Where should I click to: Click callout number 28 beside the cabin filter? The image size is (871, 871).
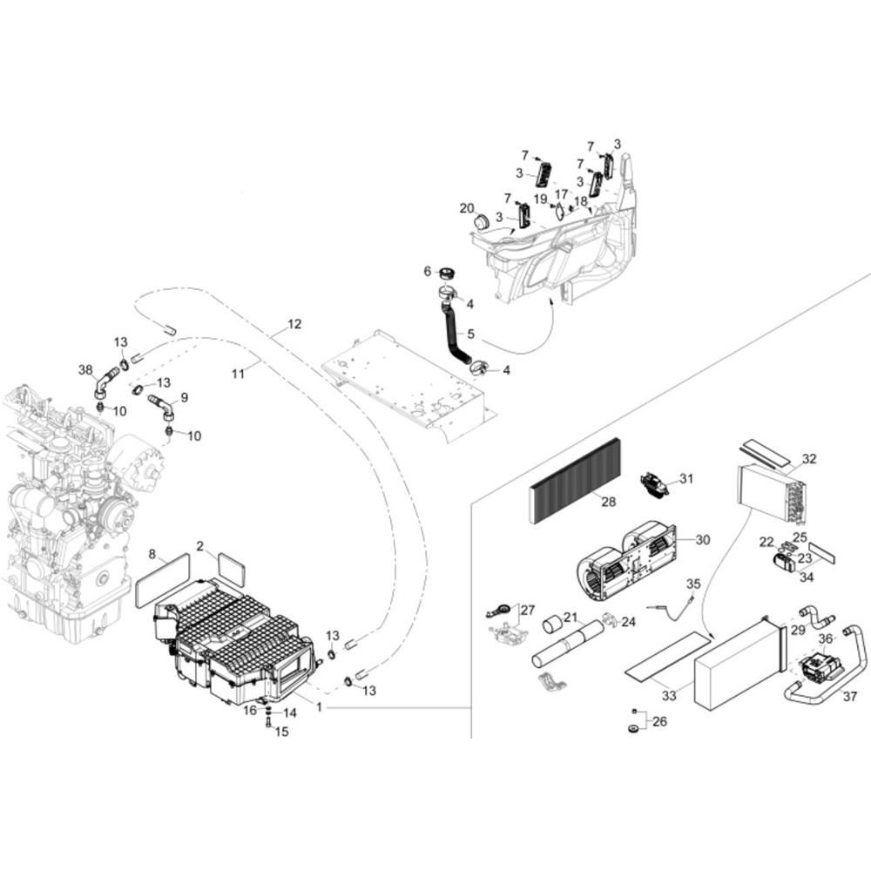point(609,502)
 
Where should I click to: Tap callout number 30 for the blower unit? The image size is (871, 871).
point(703,539)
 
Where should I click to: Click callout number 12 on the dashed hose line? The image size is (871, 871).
point(294,324)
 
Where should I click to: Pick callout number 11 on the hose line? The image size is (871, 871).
point(238,374)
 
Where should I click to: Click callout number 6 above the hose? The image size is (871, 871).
point(427,271)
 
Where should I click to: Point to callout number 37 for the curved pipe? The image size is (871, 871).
point(850,696)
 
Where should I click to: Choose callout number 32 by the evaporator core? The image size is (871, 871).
point(809,459)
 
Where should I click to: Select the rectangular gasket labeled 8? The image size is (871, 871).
point(162,580)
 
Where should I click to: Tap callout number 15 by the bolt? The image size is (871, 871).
point(281,732)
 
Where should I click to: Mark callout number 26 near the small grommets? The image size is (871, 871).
point(659,721)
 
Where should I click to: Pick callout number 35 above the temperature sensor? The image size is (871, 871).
point(693,584)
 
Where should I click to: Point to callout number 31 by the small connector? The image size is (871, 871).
point(686,478)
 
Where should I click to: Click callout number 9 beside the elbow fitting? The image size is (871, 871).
point(185,398)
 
